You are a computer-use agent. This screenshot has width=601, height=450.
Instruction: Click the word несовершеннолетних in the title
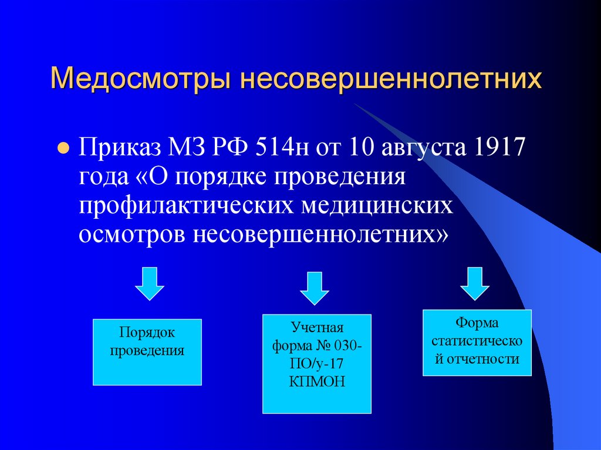[x=388, y=78]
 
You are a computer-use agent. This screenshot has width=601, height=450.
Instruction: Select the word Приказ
[x=120, y=147]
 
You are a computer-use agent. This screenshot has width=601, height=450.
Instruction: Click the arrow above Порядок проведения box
[x=150, y=283]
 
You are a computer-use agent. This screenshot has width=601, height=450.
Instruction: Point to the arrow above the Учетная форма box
[x=315, y=287]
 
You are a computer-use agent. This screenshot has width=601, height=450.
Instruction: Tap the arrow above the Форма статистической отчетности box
[x=475, y=283]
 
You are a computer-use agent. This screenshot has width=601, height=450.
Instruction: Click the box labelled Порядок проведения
[x=147, y=352]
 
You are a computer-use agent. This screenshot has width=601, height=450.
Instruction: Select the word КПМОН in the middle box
[x=317, y=381]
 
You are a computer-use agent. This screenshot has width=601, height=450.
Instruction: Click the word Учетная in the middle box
[x=317, y=327]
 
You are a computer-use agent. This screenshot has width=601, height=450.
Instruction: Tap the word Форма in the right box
[x=477, y=323]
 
